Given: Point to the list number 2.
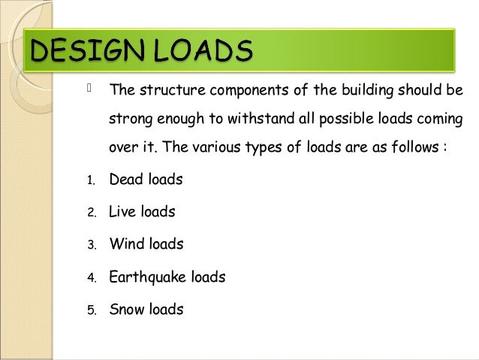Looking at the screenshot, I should pyautogui.click(x=89, y=213).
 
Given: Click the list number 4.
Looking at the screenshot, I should pyautogui.click(x=89, y=278).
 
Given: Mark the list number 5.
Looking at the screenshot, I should pyautogui.click(x=89, y=310).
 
